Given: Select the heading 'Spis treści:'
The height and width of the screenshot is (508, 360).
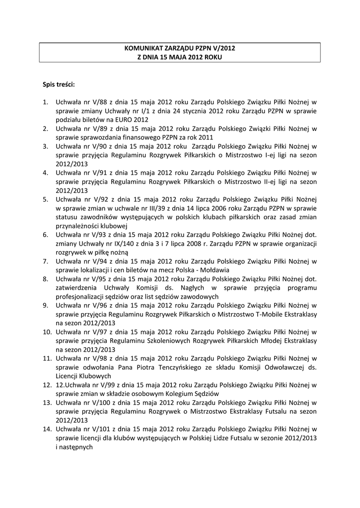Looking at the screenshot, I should pos(59,84).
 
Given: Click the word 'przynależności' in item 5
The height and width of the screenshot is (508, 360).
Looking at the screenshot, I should pos(78,227).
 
